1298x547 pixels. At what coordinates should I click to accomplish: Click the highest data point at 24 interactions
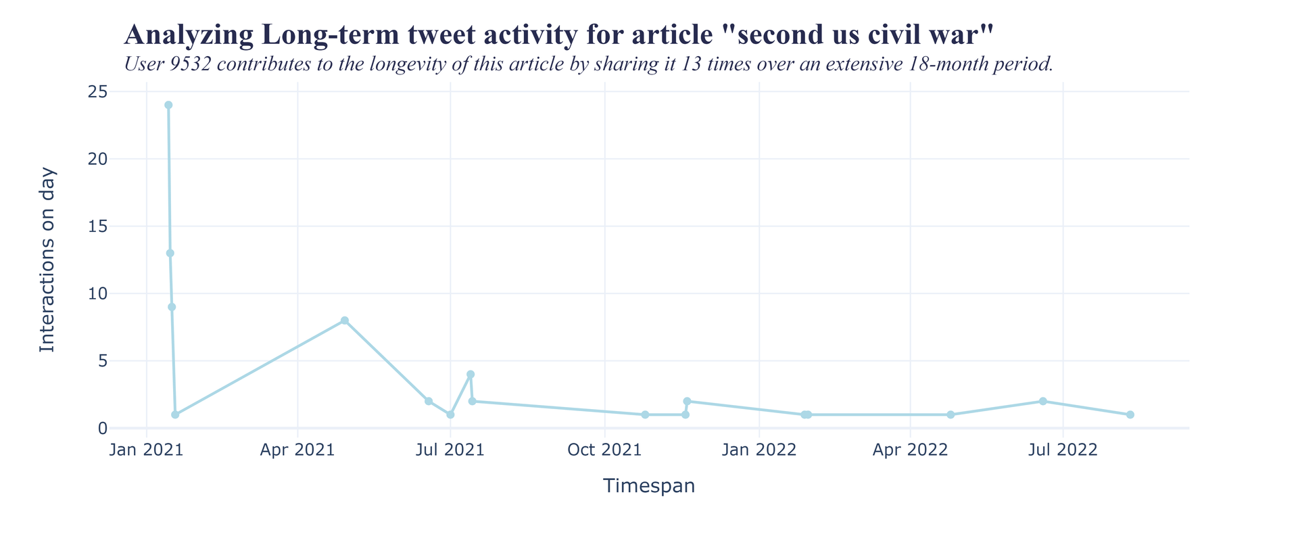point(168,105)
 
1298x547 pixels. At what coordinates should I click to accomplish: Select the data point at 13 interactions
point(170,254)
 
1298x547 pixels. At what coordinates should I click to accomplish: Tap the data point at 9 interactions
point(172,307)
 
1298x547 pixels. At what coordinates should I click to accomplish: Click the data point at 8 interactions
point(345,320)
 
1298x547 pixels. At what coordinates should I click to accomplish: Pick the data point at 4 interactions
point(471,375)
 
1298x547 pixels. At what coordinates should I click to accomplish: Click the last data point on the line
point(1130,414)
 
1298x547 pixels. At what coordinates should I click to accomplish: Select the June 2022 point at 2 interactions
point(1043,402)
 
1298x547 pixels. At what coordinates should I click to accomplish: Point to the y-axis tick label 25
point(98,92)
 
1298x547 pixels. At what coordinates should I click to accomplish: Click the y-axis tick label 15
point(98,227)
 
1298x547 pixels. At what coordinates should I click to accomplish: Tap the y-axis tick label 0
point(102,428)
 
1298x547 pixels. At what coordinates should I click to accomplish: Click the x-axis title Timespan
point(649,486)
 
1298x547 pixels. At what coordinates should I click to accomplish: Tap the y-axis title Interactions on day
point(47,260)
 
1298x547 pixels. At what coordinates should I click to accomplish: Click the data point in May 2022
point(951,414)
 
